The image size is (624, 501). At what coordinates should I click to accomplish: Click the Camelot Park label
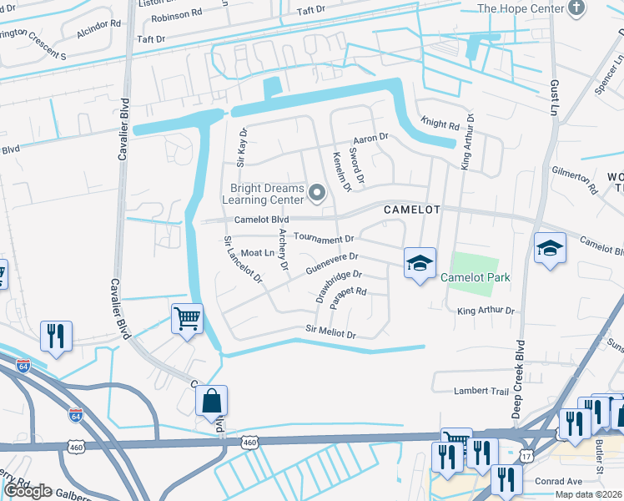[x=475, y=277]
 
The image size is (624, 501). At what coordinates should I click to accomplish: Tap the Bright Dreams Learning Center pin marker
[x=316, y=195]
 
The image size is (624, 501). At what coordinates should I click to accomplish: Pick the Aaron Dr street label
[x=371, y=137]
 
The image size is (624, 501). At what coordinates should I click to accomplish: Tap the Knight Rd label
[x=440, y=124]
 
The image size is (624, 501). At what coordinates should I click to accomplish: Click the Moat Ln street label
[x=258, y=252]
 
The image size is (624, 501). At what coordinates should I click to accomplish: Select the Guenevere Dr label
[x=331, y=264]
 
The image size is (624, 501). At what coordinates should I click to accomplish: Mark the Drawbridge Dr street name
[x=340, y=285]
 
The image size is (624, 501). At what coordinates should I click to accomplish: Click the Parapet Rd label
[x=349, y=297]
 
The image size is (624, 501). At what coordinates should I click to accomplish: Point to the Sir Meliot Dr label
[x=331, y=332]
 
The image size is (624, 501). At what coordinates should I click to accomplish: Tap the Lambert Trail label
[x=481, y=390]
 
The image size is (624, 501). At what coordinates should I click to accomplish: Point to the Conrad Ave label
[x=558, y=481]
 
